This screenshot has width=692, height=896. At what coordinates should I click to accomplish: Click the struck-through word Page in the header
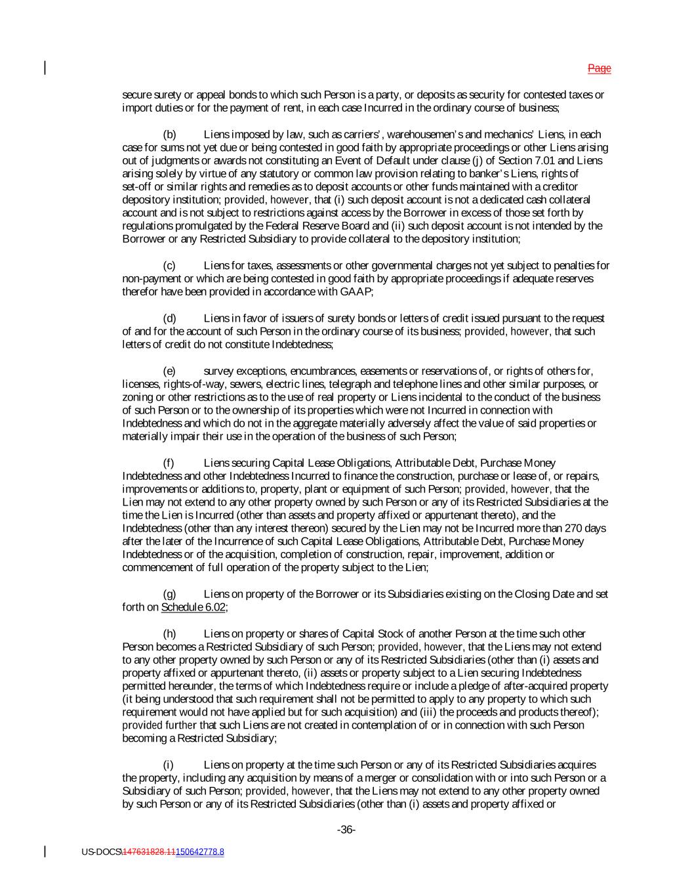(599, 68)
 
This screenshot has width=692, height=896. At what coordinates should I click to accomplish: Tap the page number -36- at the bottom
(346, 830)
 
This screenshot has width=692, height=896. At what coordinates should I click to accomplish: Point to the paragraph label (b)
(169, 135)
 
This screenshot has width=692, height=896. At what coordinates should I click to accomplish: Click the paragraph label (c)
(169, 266)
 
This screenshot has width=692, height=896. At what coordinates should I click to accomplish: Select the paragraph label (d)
(169, 318)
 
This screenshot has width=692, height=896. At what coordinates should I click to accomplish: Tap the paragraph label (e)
(169, 371)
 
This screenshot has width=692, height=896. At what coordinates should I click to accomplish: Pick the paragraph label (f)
(169, 463)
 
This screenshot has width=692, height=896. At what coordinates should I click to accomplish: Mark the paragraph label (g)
(169, 594)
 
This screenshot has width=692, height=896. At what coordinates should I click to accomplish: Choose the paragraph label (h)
(169, 633)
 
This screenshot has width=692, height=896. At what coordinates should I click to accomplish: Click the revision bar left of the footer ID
(45, 851)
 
